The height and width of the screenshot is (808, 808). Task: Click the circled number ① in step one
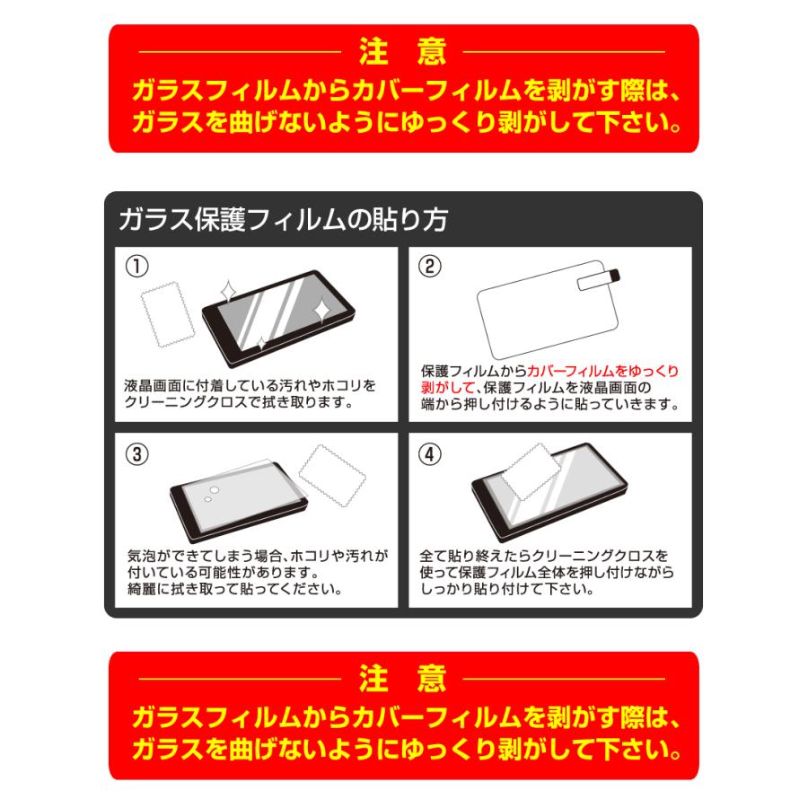click(136, 267)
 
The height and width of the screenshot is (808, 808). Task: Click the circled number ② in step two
click(430, 267)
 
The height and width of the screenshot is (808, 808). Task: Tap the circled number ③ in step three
click(136, 454)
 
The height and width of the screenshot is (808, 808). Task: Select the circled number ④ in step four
click(430, 454)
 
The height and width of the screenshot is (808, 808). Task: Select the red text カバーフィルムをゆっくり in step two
click(603, 371)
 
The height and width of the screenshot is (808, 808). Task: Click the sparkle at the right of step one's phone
click(321, 308)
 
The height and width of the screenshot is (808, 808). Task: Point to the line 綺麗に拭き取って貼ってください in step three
click(233, 589)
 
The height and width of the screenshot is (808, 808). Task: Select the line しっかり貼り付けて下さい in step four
click(505, 589)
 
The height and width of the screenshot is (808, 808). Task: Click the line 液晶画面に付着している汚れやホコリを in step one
click(250, 386)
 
